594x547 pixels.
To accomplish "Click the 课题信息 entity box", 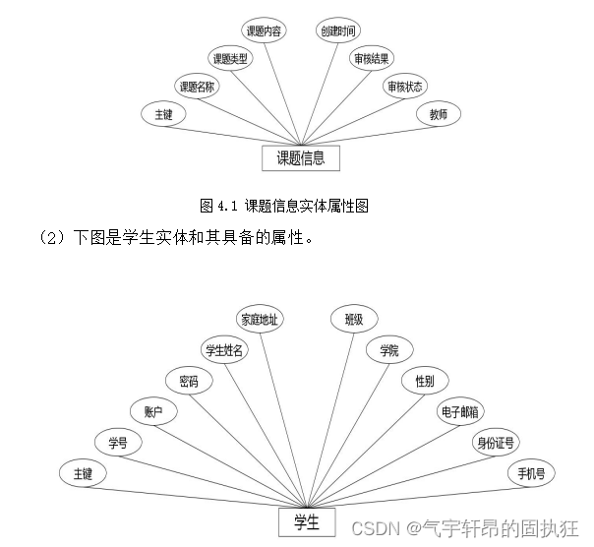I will [x=300, y=157].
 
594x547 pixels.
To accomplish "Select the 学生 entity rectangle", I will [x=307, y=522].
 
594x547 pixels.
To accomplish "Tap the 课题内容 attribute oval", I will [x=265, y=31].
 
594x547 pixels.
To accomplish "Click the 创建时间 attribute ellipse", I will [x=338, y=31].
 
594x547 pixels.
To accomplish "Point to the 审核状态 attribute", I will [x=405, y=87].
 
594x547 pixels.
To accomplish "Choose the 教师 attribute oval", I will [x=438, y=114].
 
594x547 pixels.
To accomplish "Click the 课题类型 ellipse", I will [x=231, y=58].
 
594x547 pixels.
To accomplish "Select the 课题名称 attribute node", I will [x=197, y=87].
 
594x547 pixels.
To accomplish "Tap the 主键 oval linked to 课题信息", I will [x=163, y=114].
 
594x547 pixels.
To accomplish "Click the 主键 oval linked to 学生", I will [x=82, y=473].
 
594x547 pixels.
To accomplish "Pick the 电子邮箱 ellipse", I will [x=460, y=411].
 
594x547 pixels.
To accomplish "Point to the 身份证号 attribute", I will [x=495, y=442].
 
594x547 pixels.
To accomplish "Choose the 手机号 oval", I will [x=531, y=473].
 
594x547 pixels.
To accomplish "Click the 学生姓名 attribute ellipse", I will [x=223, y=349].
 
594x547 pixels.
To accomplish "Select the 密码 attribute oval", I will [x=189, y=380].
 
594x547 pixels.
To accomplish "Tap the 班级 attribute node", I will [x=354, y=319].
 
